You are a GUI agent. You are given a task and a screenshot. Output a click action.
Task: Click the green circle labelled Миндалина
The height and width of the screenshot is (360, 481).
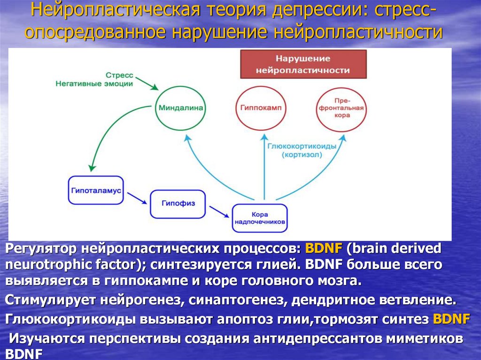pyautogui.click(x=180, y=108)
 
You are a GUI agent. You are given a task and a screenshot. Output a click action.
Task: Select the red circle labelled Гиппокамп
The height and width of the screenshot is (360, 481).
pyautogui.click(x=260, y=108)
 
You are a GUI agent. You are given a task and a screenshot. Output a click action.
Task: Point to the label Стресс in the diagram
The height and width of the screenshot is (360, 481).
pyautogui.click(x=119, y=75)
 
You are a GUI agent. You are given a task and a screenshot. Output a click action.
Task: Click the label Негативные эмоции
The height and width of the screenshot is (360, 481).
pyautogui.click(x=94, y=84)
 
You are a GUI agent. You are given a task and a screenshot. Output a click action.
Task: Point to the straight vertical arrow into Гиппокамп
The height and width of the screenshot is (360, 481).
pyautogui.click(x=264, y=164)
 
